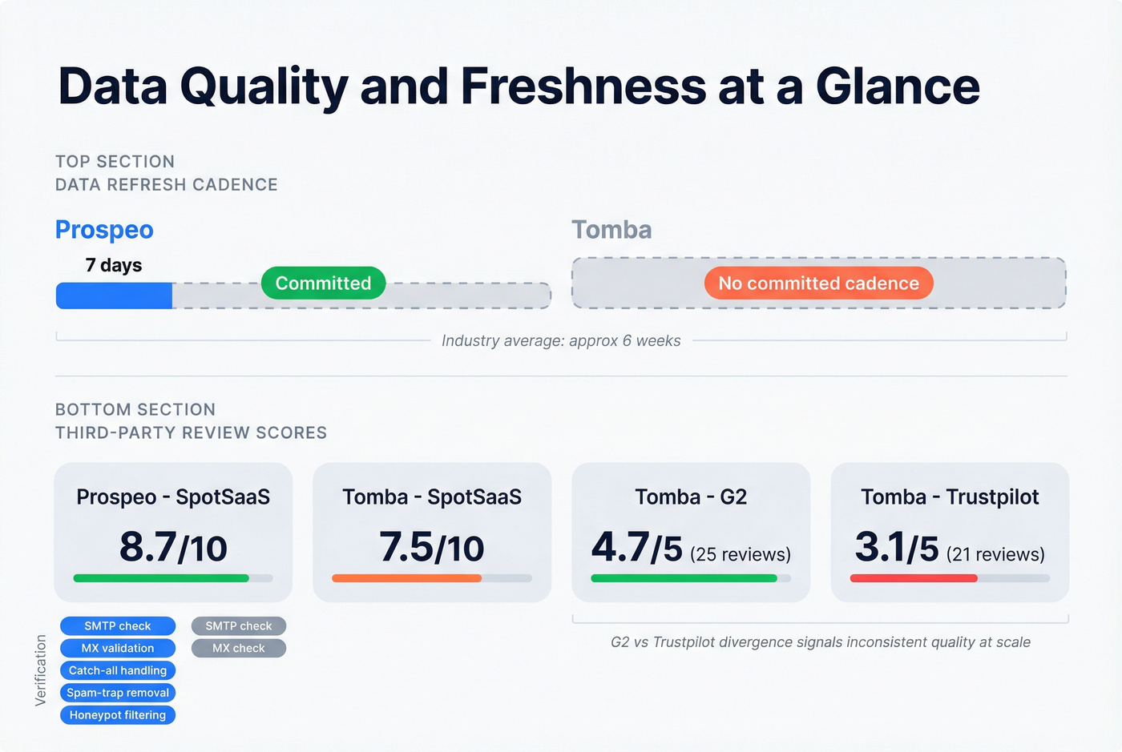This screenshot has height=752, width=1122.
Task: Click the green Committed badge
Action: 323,284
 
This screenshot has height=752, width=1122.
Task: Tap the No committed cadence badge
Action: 818,284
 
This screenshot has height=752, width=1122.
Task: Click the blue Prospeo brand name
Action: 104,230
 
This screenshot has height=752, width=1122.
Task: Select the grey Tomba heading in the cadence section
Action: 611,230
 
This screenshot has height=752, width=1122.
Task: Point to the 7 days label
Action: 114,265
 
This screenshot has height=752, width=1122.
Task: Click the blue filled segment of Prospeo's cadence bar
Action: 114,296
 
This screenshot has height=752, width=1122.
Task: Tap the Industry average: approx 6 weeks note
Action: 561,341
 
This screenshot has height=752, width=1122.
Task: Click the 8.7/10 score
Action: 173,548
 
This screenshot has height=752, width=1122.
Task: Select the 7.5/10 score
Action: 432,548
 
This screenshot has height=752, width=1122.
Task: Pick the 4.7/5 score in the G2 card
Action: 637,548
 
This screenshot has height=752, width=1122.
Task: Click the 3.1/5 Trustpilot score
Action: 897,548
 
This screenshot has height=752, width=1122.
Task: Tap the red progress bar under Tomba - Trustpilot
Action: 914,578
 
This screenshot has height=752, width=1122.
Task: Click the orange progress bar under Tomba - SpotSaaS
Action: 406,578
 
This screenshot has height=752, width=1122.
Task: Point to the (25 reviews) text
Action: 741,554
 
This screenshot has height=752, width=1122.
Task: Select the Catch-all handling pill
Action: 118,670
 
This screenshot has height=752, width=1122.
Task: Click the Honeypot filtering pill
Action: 118,715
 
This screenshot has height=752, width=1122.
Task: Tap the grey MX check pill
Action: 239,648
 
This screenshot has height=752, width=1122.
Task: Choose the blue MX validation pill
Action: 118,648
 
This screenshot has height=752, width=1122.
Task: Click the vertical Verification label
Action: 41,670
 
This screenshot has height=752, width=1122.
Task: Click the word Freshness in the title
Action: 583,86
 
